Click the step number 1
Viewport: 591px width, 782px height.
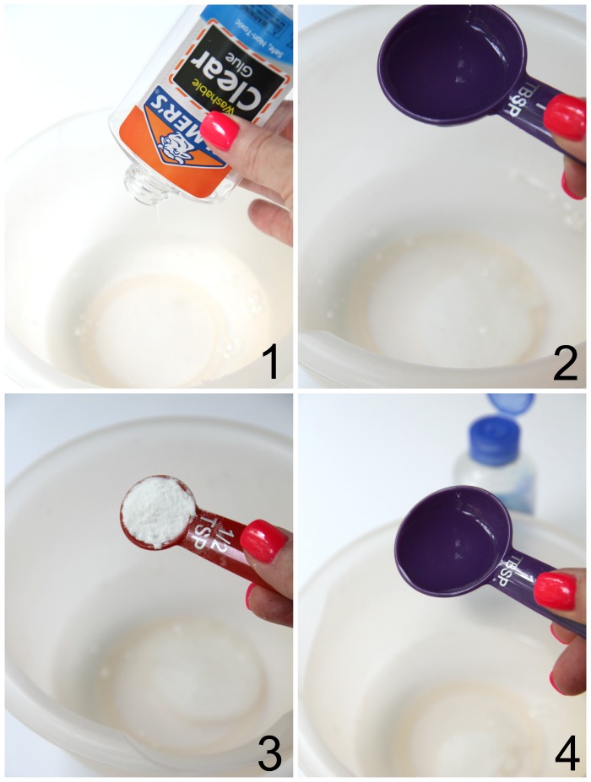pyautogui.click(x=268, y=364)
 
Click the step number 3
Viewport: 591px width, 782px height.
pyautogui.click(x=268, y=753)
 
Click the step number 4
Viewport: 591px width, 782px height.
pyautogui.click(x=565, y=753)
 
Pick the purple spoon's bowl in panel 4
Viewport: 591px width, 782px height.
pyautogui.click(x=447, y=541)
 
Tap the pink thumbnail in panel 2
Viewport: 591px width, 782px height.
pyautogui.click(x=565, y=117)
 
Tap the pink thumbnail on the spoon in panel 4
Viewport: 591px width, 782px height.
pyautogui.click(x=555, y=591)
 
